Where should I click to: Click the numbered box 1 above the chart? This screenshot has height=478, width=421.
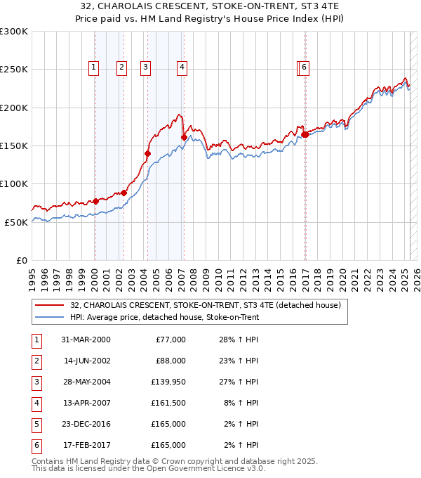pyautogui.click(x=93, y=67)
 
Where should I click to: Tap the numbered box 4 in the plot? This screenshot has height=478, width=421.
pyautogui.click(x=182, y=67)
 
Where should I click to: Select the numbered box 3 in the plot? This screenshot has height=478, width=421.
pyautogui.click(x=145, y=67)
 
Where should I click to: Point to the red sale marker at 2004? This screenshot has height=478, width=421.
pyautogui.click(x=148, y=153)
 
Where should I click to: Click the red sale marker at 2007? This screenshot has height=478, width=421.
pyautogui.click(x=184, y=137)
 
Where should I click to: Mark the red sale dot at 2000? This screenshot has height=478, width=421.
pyautogui.click(x=95, y=201)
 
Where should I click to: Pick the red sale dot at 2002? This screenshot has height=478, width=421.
pyautogui.click(x=123, y=193)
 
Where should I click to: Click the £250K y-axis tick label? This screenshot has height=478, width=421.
pyautogui.click(x=14, y=70)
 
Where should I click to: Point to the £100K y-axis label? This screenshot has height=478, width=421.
pyautogui.click(x=14, y=183)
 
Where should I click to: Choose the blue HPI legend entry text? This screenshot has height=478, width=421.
pyautogui.click(x=164, y=318)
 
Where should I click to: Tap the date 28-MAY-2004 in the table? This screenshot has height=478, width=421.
pyautogui.click(x=86, y=382)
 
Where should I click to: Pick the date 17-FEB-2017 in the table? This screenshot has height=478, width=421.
pyautogui.click(x=86, y=445)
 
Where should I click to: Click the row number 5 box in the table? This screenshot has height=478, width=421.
pyautogui.click(x=35, y=424)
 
